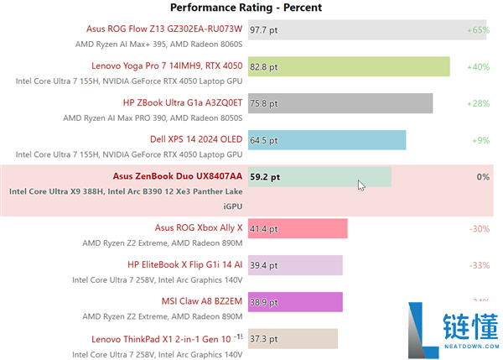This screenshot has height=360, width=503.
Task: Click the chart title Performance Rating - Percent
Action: [246, 8]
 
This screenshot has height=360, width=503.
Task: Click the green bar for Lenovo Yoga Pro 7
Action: [348, 66]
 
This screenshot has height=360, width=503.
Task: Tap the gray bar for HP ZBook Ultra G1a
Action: [340, 103]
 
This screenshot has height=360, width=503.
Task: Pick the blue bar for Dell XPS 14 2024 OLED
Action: [326, 140]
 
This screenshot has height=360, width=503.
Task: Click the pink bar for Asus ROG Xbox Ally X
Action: [297, 228]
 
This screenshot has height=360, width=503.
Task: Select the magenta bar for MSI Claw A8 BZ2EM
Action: [294, 301]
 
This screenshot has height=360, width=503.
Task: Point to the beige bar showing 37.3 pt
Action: [293, 338]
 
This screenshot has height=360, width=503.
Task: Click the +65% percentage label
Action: [478, 29]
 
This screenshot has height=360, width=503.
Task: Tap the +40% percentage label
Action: [478, 66]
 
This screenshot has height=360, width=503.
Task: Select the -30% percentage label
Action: [479, 228]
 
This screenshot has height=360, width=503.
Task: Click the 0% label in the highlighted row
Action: [482, 177]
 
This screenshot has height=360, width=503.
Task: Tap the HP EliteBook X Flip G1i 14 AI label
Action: [184, 264]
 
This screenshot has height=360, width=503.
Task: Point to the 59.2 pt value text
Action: [265, 177]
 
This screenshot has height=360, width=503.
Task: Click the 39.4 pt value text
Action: [264, 265]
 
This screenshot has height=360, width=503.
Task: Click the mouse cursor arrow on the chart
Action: [360, 185]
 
